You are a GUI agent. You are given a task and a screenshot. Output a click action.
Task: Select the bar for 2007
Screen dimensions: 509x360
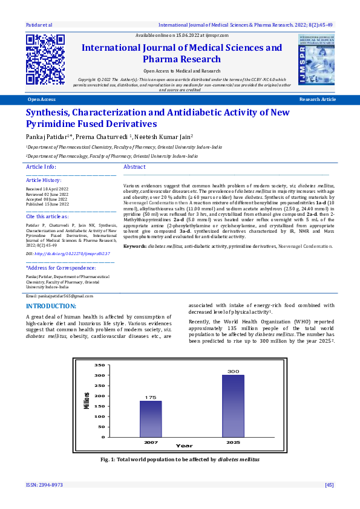coord(151,418)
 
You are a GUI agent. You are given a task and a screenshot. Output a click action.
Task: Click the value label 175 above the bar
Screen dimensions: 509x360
coord(151,397)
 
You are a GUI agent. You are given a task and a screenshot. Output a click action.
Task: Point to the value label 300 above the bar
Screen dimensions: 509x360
coord(233,371)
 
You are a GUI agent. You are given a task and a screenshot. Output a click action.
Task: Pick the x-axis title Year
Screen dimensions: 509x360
coord(184,446)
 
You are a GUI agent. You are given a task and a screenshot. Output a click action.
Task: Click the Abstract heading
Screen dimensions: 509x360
coord(134,166)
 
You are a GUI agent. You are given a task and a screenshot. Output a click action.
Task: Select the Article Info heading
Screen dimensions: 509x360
coord(41,166)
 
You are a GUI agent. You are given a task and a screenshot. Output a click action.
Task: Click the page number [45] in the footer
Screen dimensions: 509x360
coord(329,485)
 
